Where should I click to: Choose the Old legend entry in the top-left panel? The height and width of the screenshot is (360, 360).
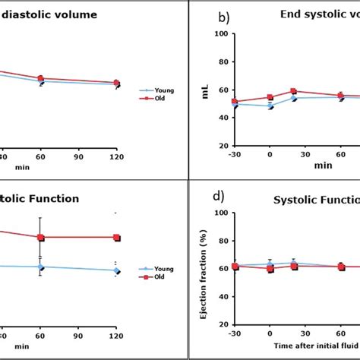pos(161,97)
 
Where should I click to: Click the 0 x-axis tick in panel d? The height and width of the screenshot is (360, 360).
pos(270,335)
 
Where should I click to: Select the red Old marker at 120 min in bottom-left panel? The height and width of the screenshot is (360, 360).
pos(116,238)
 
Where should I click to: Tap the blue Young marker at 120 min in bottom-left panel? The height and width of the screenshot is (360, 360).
pos(116,270)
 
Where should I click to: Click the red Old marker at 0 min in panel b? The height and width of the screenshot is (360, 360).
pos(270,97)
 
